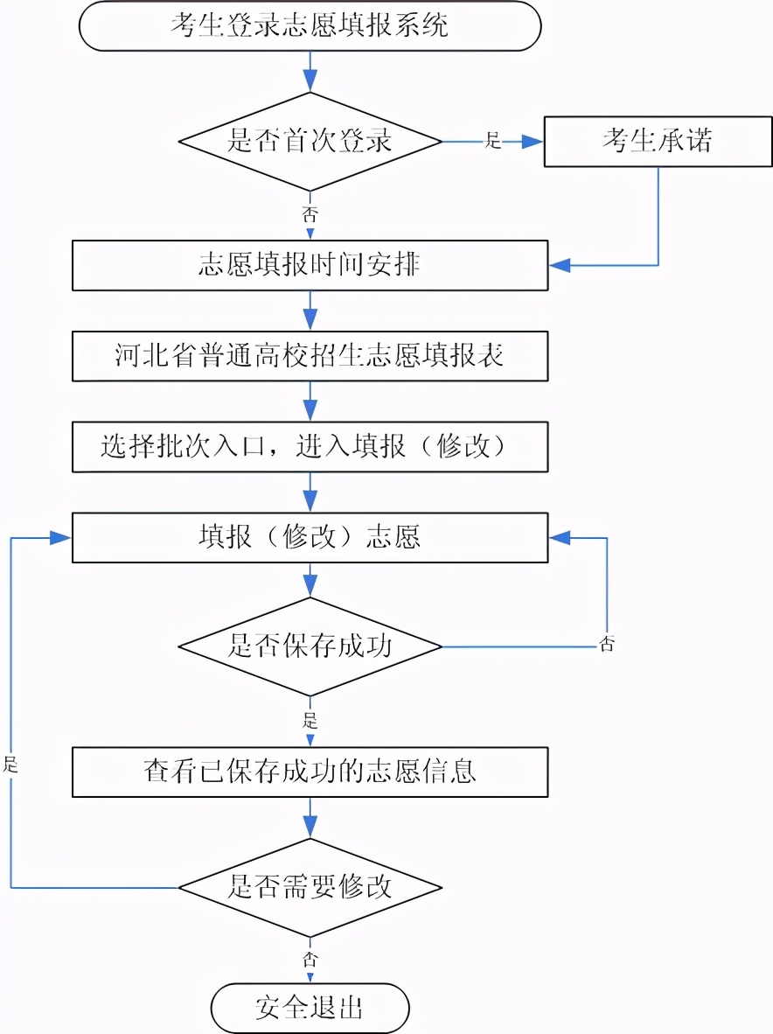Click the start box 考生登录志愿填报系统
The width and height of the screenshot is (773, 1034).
pos(310,25)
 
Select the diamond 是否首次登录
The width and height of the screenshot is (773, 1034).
pos(310,141)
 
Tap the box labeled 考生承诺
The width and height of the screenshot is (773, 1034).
pos(658,141)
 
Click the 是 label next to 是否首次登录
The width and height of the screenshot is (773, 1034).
pos(492,141)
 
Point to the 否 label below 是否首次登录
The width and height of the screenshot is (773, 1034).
pos(310,213)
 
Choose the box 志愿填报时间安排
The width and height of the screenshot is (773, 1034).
pos(310,265)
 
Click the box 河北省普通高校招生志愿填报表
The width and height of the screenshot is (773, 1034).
pos(310,356)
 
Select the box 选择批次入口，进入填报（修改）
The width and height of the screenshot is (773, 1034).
pos(310,447)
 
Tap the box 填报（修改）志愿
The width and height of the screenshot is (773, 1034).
pos(310,537)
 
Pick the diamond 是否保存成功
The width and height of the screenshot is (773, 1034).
pos(310,647)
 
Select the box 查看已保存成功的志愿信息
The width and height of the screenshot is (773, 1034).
pos(310,772)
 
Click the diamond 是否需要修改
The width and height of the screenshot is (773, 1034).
pos(310,888)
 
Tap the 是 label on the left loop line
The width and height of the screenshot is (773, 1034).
pos(10,764)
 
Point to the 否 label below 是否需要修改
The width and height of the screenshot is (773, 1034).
pos(310,958)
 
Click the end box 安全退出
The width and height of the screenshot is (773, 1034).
pos(310,1008)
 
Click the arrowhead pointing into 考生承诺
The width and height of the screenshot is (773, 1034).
pos(533,141)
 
